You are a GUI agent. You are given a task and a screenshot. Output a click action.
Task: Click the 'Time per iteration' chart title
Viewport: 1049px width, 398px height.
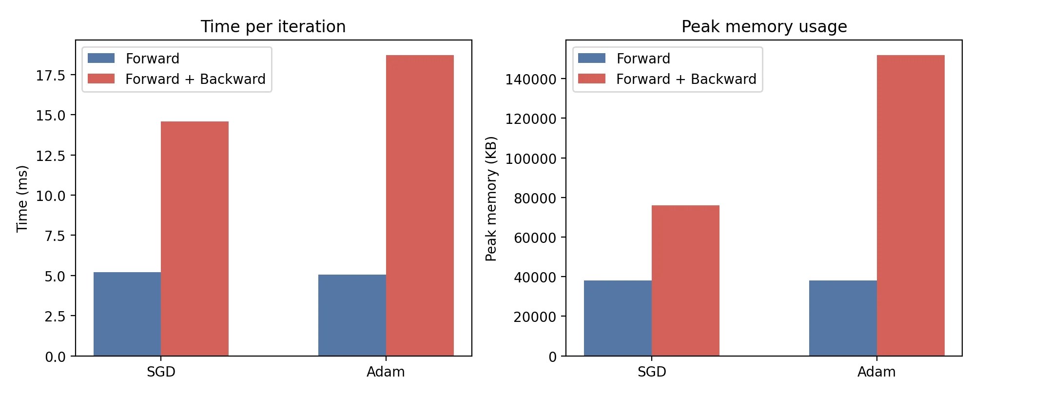(x=273, y=26)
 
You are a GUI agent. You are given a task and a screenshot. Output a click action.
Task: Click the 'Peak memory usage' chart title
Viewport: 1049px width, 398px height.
(x=764, y=26)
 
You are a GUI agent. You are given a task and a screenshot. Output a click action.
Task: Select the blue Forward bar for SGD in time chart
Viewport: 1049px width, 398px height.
(x=127, y=314)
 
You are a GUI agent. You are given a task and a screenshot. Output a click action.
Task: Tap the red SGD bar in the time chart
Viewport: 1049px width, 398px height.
(x=194, y=239)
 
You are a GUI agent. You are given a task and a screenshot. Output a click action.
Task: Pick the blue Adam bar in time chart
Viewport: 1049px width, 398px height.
(x=352, y=315)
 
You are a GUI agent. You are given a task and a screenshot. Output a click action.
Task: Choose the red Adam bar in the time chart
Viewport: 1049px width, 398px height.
(x=420, y=205)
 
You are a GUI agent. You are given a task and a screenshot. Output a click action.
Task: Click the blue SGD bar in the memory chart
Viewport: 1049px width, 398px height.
(x=618, y=318)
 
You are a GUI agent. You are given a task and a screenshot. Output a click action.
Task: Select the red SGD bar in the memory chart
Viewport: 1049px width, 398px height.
(x=685, y=280)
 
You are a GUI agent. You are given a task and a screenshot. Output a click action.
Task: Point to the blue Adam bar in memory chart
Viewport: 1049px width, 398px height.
(x=843, y=318)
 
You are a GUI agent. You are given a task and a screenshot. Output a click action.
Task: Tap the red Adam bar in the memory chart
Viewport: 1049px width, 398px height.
(x=911, y=205)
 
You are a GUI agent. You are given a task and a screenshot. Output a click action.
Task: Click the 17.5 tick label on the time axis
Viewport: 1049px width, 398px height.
(x=50, y=75)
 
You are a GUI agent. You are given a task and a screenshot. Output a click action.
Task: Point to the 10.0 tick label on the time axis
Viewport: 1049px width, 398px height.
(x=50, y=196)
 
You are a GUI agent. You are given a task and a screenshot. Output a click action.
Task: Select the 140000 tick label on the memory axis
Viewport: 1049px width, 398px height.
(x=530, y=79)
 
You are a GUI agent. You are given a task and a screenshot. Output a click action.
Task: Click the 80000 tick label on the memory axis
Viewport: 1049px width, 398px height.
(x=535, y=198)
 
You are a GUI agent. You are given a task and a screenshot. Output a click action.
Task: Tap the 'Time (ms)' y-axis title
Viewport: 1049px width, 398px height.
(x=22, y=199)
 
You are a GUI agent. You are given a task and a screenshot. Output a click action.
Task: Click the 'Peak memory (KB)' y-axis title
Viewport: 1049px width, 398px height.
(x=491, y=199)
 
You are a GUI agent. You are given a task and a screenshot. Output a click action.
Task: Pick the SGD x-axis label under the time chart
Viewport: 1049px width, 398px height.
(x=161, y=372)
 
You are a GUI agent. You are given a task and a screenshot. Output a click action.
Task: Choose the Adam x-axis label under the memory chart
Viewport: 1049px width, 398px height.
(x=876, y=372)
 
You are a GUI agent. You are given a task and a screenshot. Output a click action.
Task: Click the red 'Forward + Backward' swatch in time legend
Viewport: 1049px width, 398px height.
(x=101, y=79)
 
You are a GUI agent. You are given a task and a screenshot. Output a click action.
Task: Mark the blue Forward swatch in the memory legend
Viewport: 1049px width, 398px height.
(x=592, y=58)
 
